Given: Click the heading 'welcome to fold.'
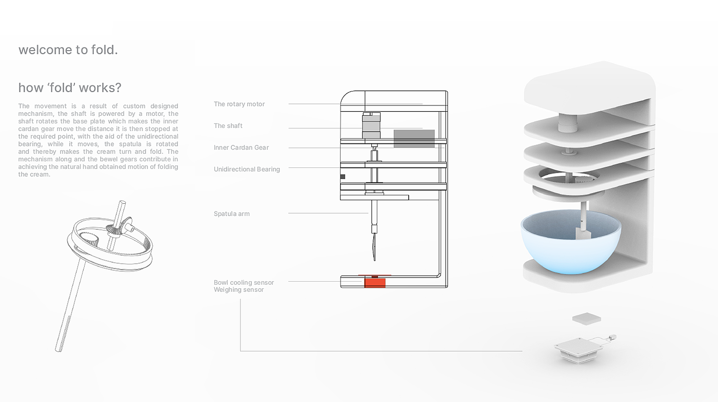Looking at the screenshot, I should point(68,50).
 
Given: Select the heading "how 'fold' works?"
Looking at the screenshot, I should point(70,88).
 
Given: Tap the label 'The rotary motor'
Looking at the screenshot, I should point(240,104).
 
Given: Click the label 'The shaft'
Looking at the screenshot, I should point(228,126).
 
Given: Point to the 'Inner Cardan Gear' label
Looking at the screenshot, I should point(242,147).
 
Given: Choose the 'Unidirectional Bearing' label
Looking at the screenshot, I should point(247,170).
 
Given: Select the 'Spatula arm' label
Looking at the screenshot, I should point(232,214).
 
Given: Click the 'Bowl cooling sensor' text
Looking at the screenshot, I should point(244,283).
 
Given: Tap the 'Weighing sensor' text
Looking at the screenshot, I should point(239,290).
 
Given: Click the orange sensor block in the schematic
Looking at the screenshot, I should point(375,282).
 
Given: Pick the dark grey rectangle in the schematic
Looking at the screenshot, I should point(414,139).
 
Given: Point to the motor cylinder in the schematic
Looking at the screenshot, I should point(371,125).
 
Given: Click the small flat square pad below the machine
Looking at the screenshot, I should point(587,319).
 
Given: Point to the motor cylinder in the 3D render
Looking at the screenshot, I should point(567,123).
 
